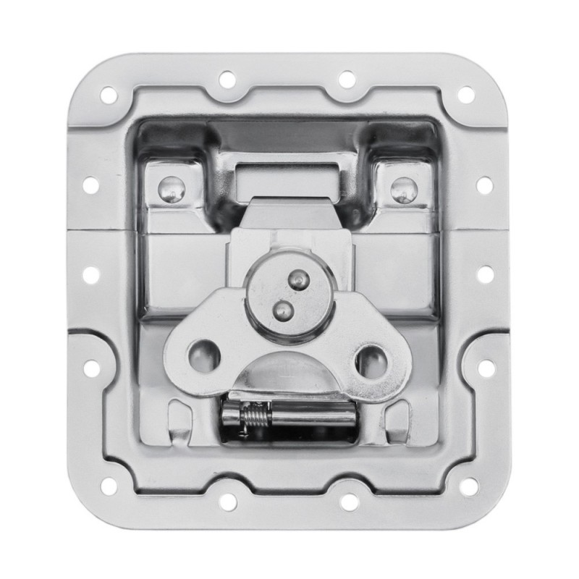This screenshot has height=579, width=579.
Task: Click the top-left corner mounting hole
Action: (109, 93)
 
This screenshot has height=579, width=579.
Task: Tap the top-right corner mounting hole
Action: (467, 93)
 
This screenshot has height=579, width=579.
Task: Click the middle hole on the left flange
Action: (91, 274)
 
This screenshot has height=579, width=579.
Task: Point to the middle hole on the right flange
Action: (486, 274)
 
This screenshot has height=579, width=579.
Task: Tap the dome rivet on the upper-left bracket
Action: (172, 190)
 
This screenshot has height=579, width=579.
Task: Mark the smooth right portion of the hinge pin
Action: (318, 418)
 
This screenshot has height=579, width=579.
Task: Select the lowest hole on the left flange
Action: (91, 368)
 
